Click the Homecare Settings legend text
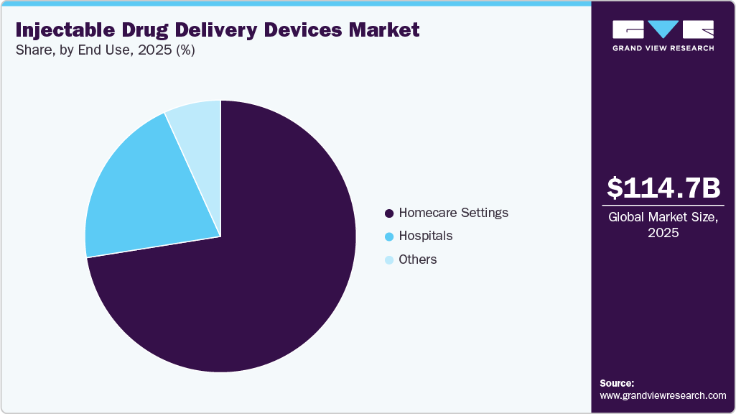coord(453,213)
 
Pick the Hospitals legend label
coord(426,236)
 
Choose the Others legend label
coord(418,259)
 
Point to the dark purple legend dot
coord(389,213)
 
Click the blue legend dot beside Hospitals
coord(389,236)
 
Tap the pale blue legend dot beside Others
coord(389,260)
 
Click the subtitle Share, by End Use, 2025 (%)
coord(105,50)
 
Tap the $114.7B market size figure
coord(663,188)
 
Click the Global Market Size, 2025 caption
coord(663,225)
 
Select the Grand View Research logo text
coord(663,48)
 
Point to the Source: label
coord(617,383)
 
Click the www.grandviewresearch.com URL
coord(663,395)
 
